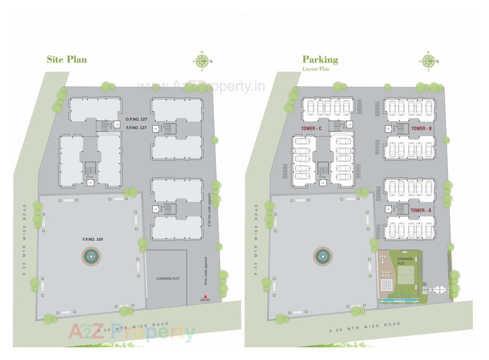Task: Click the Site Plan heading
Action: (x=67, y=59)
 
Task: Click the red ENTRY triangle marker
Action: (x=205, y=296)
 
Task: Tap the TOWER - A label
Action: (x=421, y=210)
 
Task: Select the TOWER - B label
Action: (x=421, y=129)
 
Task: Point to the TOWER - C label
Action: (x=311, y=129)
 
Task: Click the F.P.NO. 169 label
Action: (x=92, y=239)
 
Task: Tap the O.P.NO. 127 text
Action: (x=136, y=119)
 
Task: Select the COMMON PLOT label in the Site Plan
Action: (x=168, y=279)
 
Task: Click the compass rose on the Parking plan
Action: (x=428, y=61)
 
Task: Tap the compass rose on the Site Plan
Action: (x=202, y=61)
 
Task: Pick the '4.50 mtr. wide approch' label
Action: (x=209, y=210)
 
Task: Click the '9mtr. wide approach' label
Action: (x=206, y=271)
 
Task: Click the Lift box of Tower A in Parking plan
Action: (x=388, y=209)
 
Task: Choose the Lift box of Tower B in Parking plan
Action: (x=388, y=129)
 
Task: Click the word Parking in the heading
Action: (x=320, y=59)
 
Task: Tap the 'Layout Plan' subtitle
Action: (x=316, y=69)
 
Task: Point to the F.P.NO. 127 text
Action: (x=136, y=128)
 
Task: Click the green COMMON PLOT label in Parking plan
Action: (x=405, y=261)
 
